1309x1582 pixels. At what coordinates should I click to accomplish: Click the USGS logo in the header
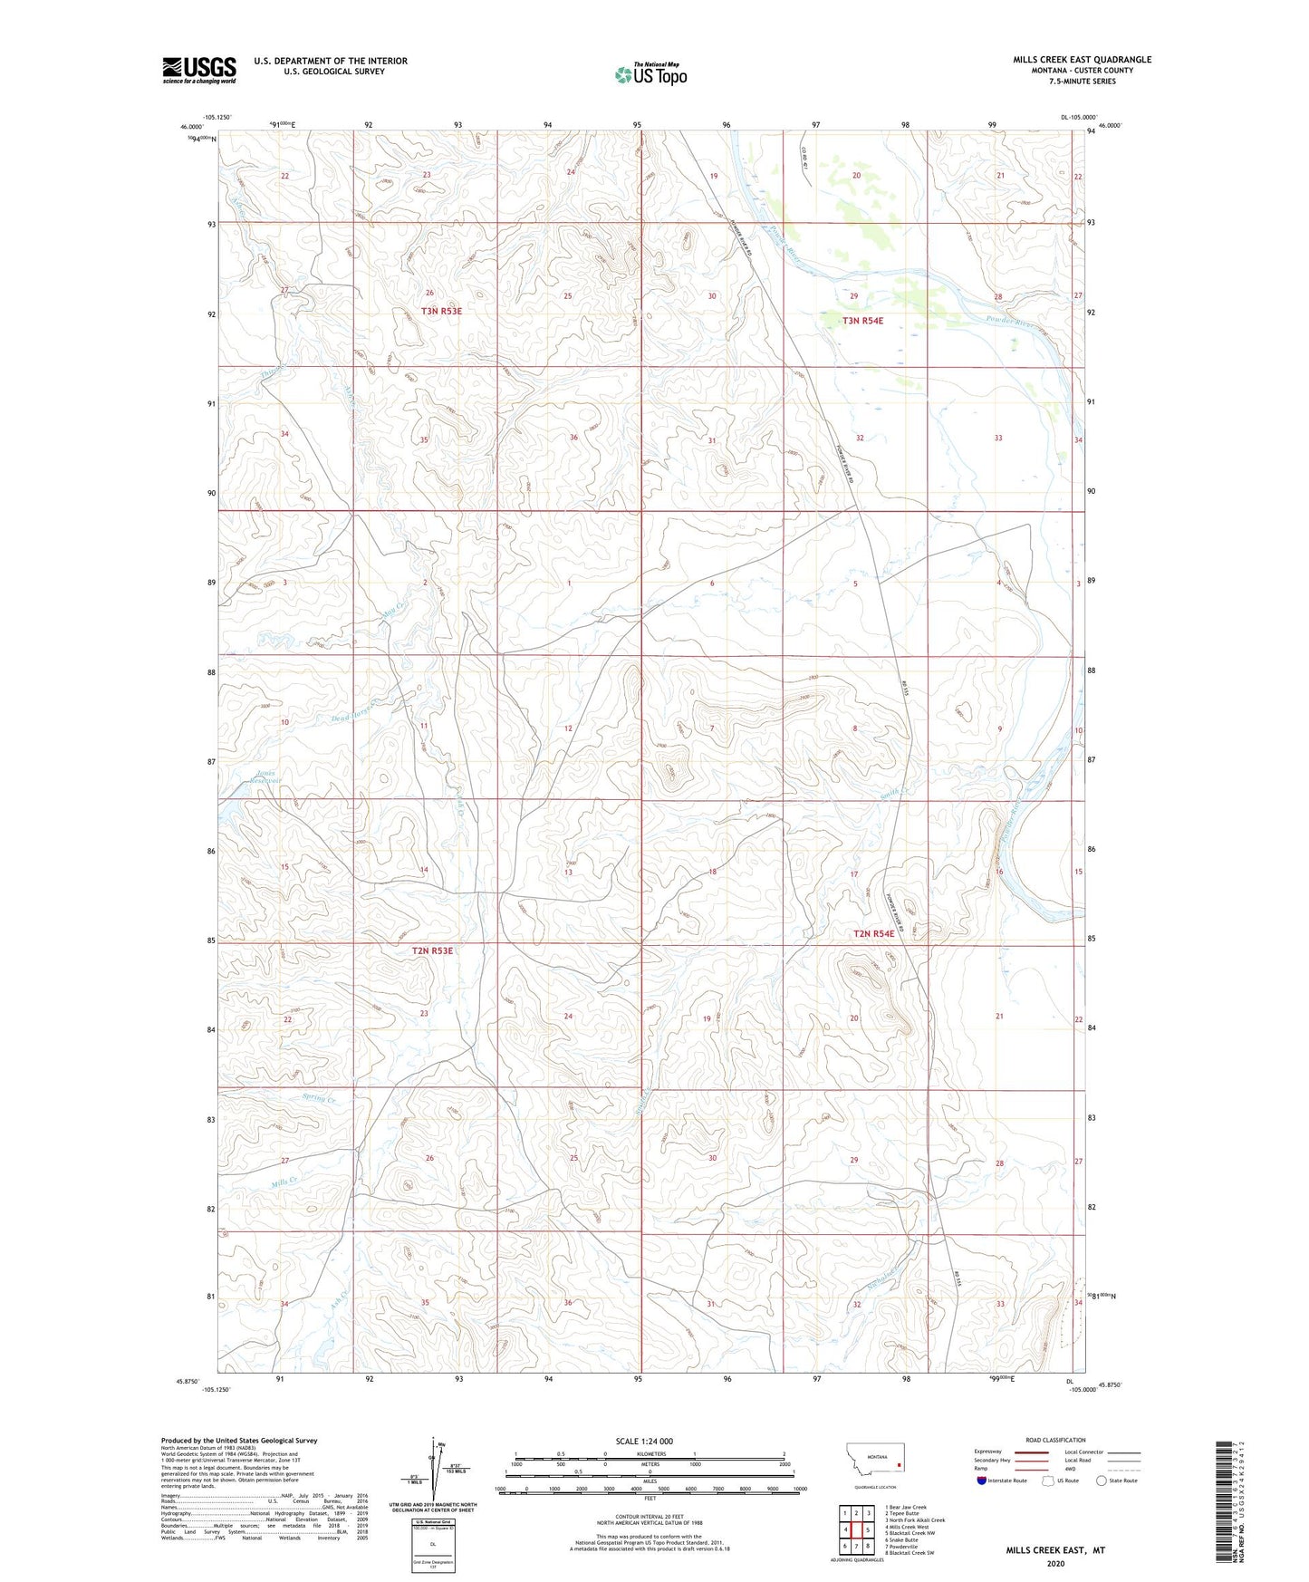(199, 70)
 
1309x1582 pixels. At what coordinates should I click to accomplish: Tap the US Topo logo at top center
(650, 74)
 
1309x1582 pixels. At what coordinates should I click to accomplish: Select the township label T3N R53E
(428, 311)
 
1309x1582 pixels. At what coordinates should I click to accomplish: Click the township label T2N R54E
(874, 933)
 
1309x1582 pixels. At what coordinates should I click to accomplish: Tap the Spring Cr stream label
(319, 1100)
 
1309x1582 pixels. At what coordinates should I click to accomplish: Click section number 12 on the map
(568, 728)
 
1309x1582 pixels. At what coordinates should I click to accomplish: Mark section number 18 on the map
(712, 872)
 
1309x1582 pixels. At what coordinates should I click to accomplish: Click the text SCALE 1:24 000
(644, 1441)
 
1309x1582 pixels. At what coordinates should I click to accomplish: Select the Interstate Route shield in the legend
(983, 1481)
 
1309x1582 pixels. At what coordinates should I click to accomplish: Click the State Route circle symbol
(1102, 1481)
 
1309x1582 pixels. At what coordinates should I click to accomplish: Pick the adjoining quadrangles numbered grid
(856, 1529)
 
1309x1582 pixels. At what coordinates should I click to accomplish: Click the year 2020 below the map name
(1054, 1563)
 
